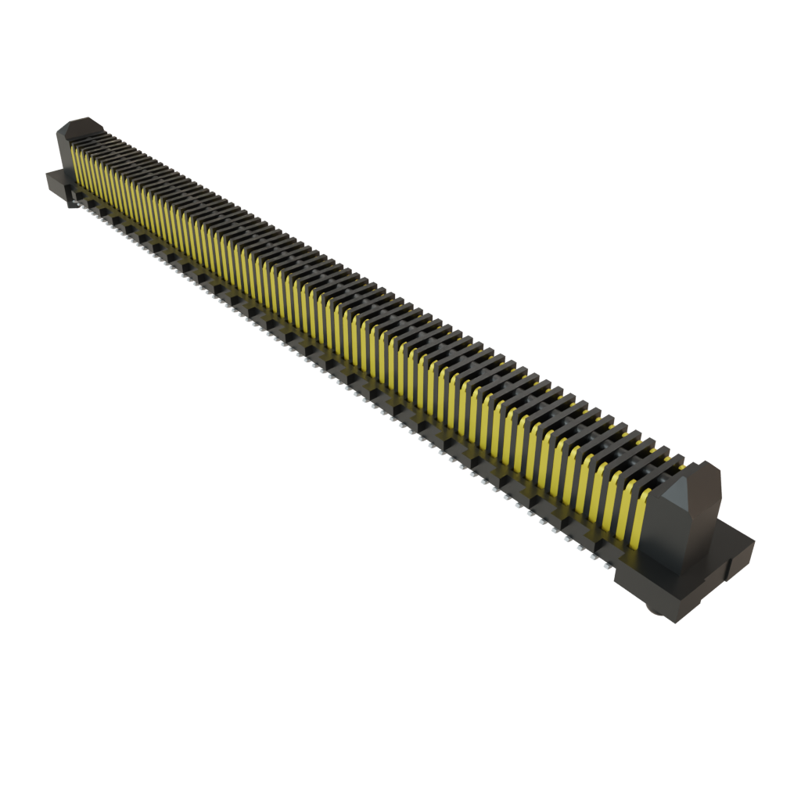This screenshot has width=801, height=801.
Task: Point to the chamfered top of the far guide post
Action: [83, 125]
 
